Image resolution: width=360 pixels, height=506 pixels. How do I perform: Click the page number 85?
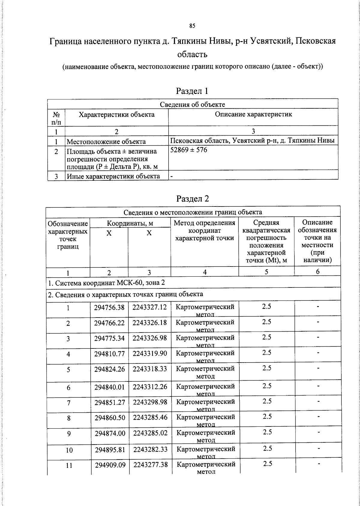click(x=192, y=26)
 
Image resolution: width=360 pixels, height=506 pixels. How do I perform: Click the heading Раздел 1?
click(x=192, y=91)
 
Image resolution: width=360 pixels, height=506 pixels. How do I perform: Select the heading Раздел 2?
click(x=192, y=199)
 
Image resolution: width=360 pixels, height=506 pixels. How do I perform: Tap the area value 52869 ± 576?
click(x=188, y=150)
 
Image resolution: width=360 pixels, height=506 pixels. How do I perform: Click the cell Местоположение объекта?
click(x=106, y=142)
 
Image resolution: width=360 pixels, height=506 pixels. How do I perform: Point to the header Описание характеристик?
click(x=253, y=114)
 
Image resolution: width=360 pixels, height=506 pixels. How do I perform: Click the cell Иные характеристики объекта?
click(x=113, y=176)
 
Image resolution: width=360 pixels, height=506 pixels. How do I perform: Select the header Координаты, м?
click(x=130, y=223)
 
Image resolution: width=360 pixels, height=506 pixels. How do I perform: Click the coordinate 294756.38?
click(x=109, y=308)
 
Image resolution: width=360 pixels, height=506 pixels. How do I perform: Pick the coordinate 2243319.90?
click(x=150, y=354)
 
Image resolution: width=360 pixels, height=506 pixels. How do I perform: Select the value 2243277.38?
click(x=150, y=465)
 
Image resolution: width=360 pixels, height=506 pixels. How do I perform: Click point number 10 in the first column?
click(x=69, y=450)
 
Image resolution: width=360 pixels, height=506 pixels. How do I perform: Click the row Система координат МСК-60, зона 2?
click(x=106, y=283)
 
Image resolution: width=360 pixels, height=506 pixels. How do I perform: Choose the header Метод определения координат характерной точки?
click(x=205, y=230)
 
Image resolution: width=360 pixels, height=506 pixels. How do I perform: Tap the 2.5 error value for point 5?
click(x=267, y=368)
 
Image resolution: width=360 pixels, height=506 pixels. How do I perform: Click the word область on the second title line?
click(x=192, y=55)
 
